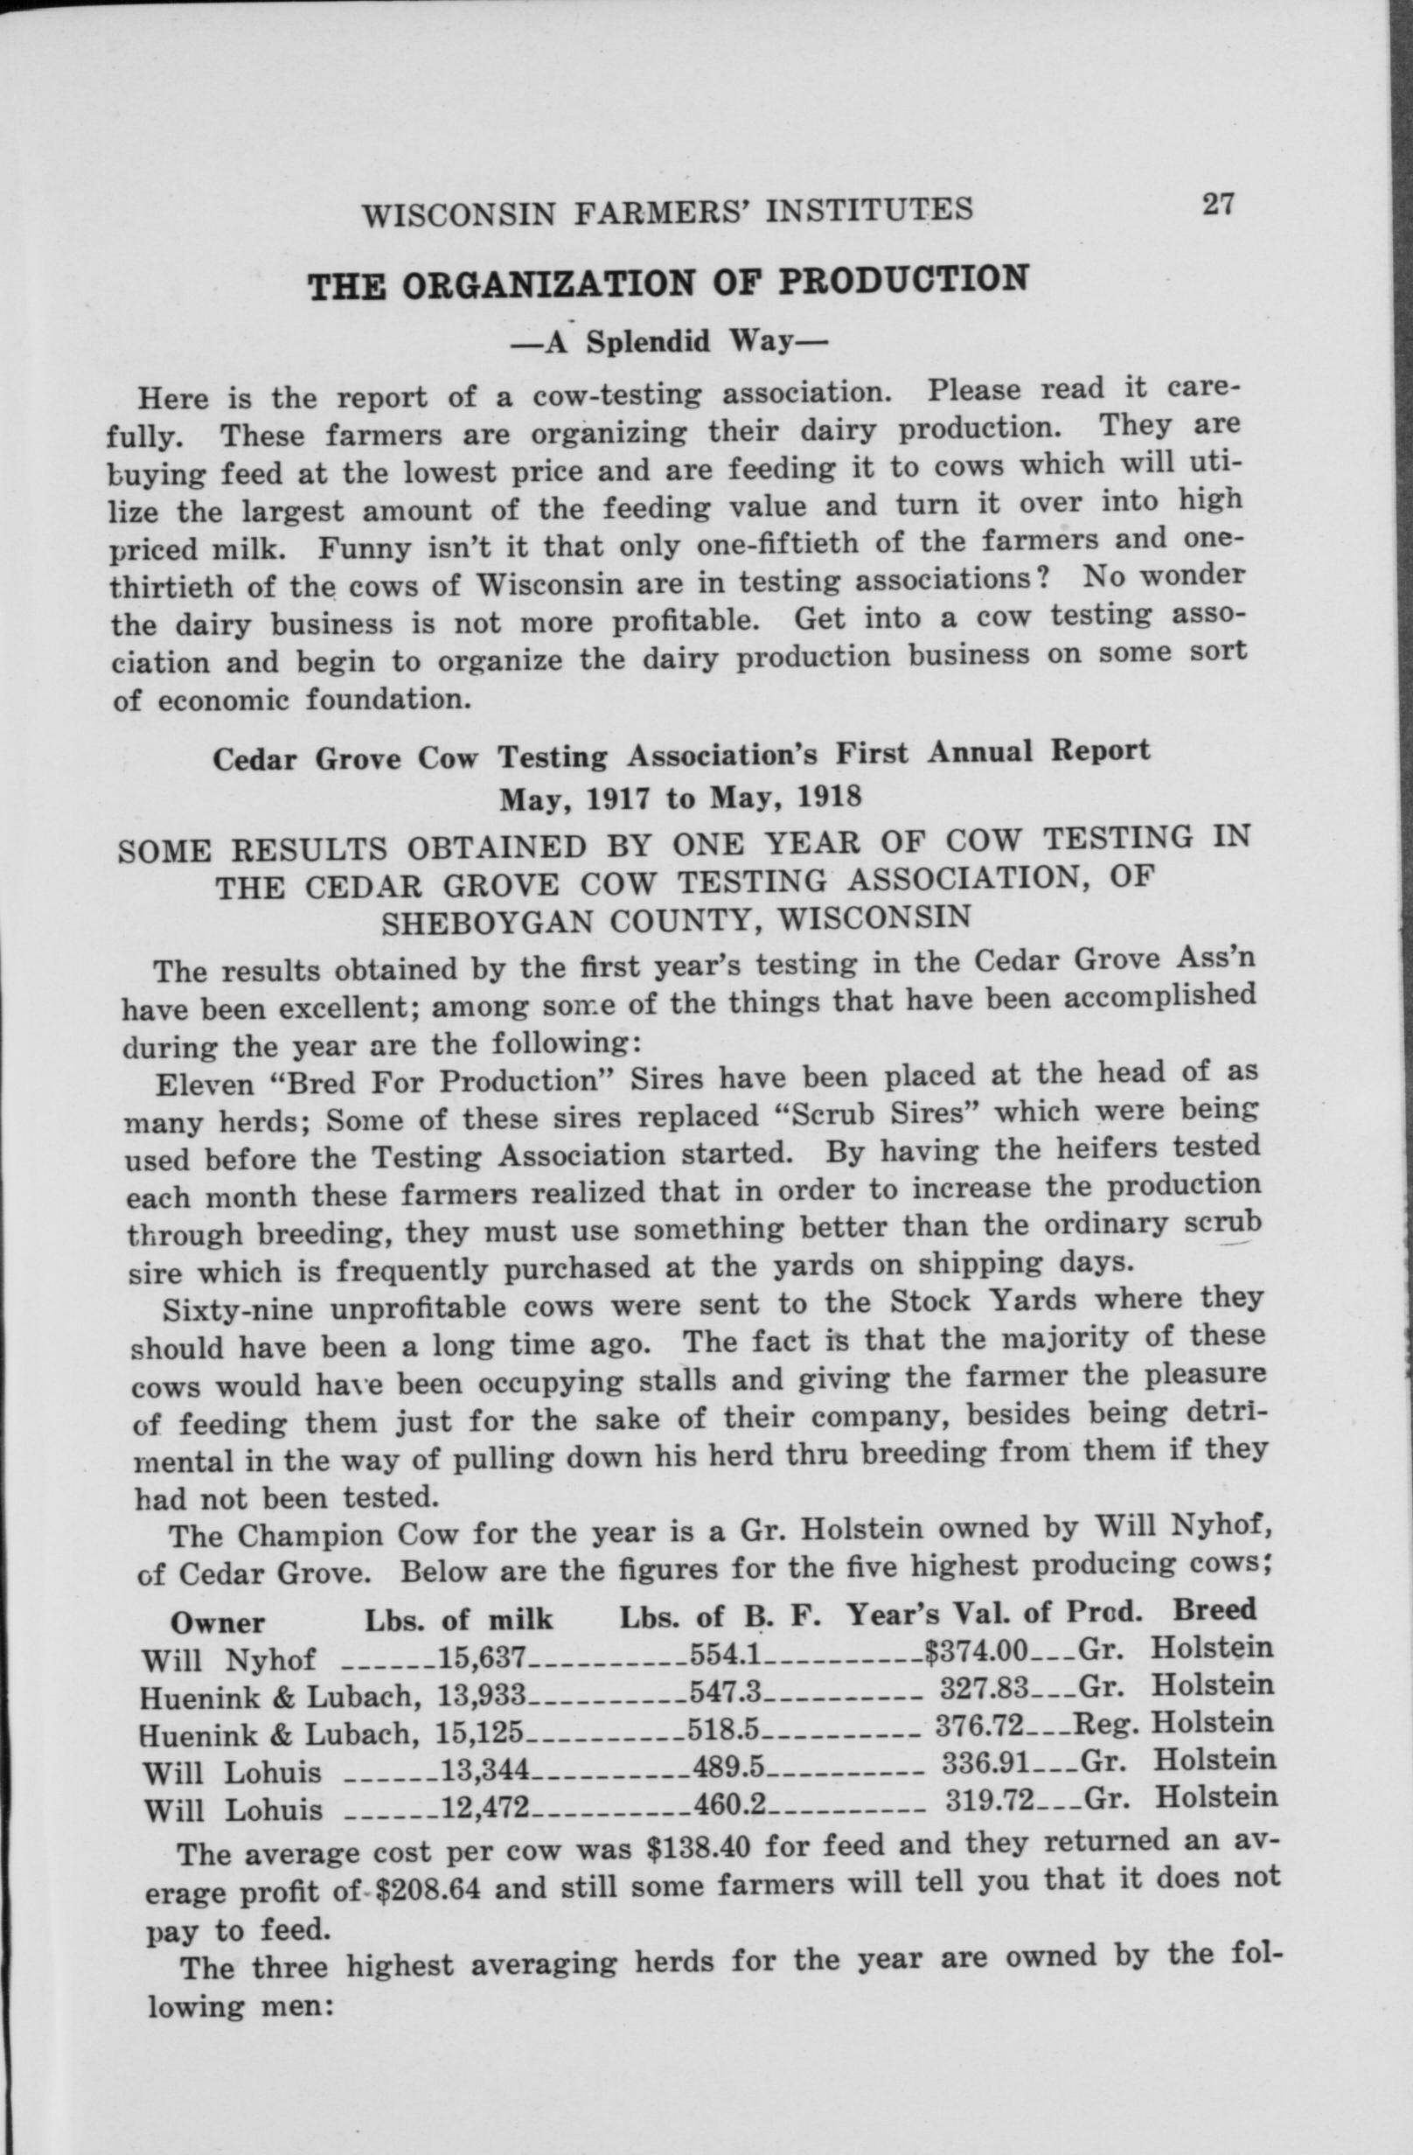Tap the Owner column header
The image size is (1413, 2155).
point(217,1621)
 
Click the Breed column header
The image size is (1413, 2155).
point(1215,1609)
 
